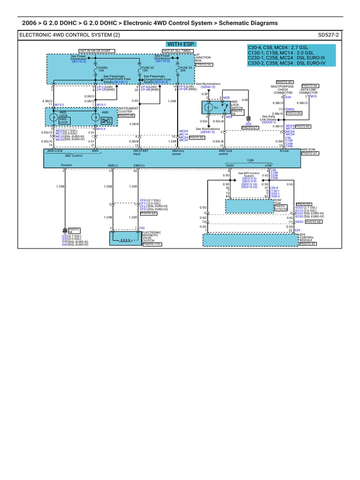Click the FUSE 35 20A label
coord(187,69)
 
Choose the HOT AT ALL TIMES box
coord(177,51)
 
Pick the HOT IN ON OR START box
coord(95,51)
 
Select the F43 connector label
coord(142,228)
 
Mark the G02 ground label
coord(248,124)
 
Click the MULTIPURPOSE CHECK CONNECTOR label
coord(285,90)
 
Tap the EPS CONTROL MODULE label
coord(307,238)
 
